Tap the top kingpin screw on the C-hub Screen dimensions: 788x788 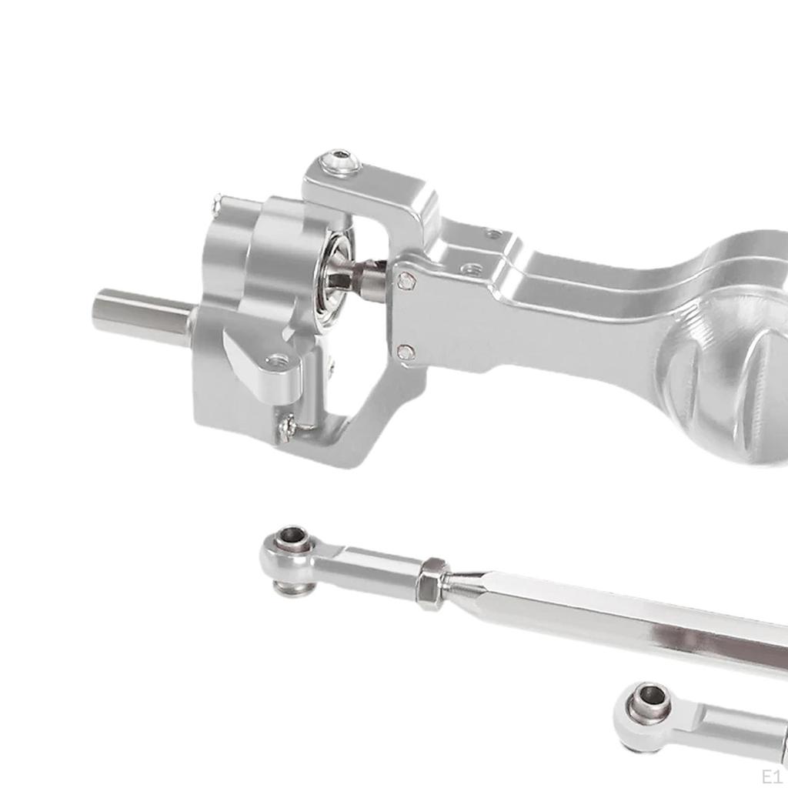(x=340, y=162)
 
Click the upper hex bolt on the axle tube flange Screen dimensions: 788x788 (x=406, y=282)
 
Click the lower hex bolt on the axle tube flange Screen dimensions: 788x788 (x=406, y=352)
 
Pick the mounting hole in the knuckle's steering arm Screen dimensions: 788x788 (x=276, y=360)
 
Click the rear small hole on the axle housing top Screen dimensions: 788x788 (x=493, y=233)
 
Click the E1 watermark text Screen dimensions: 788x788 (x=771, y=774)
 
